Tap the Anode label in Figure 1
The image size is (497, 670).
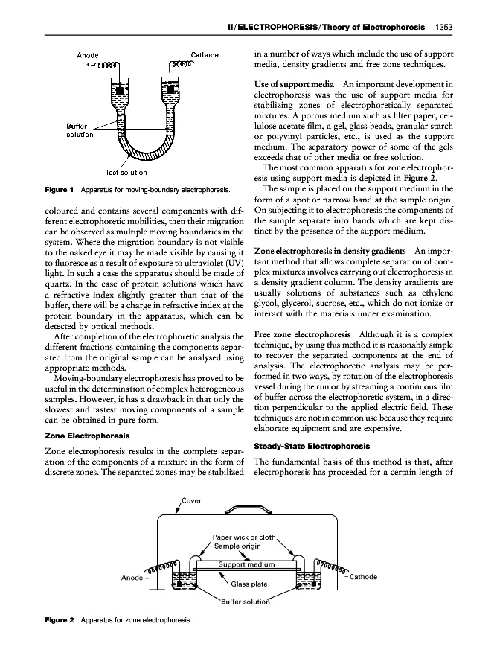[89, 54]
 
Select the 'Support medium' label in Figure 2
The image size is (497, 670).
[246, 564]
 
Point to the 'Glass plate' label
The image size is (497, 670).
[247, 584]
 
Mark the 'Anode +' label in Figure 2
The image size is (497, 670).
[135, 577]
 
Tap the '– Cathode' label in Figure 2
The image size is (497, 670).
[362, 577]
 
